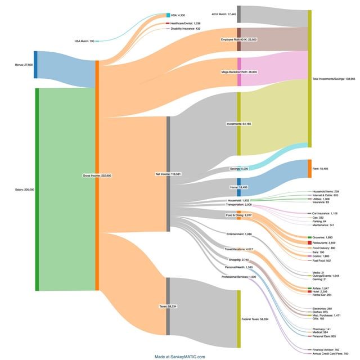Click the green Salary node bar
(x=37, y=190)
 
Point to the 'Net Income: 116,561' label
(x=168, y=174)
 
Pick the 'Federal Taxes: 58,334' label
(x=255, y=319)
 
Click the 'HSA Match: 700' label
(x=84, y=41)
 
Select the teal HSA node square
(x=168, y=15)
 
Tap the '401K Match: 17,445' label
(x=224, y=13)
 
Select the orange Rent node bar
(x=309, y=168)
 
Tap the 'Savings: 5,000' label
(x=238, y=168)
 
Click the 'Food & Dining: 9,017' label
(x=238, y=215)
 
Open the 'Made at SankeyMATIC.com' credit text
(x=180, y=357)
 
